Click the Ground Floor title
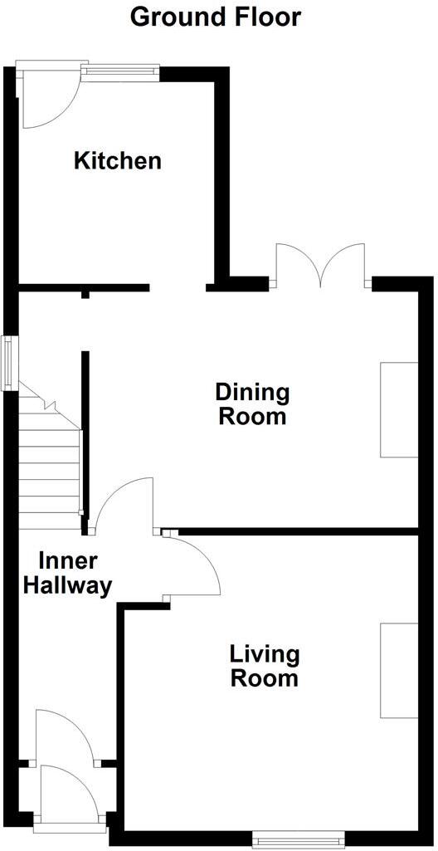tap(216, 16)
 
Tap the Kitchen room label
tap(118, 160)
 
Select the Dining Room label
tap(252, 403)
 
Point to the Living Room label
tap(264, 666)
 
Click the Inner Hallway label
tap(67, 573)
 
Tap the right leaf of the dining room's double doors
tap(344, 264)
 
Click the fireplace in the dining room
tap(398, 409)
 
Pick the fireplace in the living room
tap(398, 670)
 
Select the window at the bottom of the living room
tap(298, 840)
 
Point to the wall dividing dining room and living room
tap(299, 531)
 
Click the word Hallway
tap(67, 585)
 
